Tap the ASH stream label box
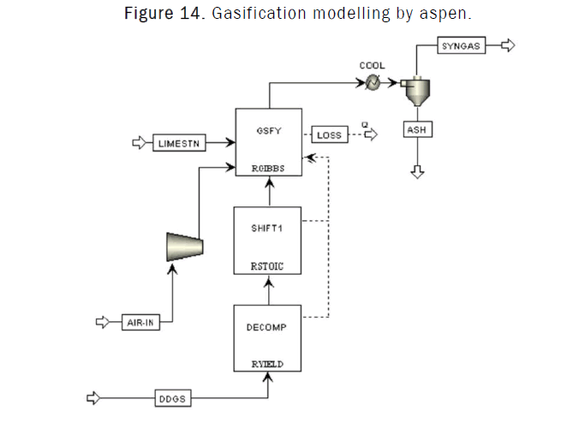(417, 129)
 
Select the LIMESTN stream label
(179, 144)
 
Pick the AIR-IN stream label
(140, 322)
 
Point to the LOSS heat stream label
(329, 135)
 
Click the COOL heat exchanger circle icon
(373, 83)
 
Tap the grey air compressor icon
(185, 245)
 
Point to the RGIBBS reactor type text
(268, 169)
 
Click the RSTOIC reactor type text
(268, 267)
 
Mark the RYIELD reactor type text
(268, 363)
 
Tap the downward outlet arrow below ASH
(417, 171)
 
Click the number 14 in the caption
(185, 15)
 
